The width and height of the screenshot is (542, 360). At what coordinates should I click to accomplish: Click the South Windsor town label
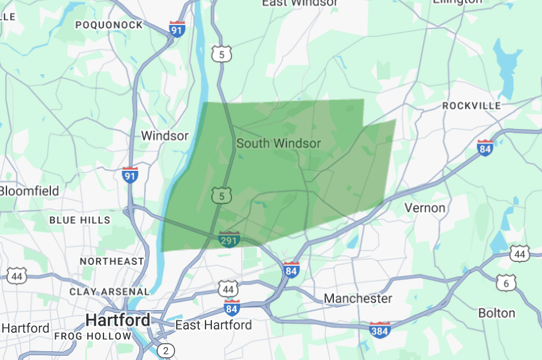click(x=279, y=144)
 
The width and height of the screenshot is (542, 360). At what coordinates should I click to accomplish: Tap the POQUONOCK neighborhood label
click(x=109, y=25)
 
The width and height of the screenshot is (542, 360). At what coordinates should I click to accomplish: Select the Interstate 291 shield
click(x=229, y=239)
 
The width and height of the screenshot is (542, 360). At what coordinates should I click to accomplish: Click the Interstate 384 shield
click(x=379, y=330)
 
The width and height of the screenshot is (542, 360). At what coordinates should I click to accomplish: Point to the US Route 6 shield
click(x=506, y=282)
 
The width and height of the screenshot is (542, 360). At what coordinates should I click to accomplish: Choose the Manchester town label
click(x=358, y=299)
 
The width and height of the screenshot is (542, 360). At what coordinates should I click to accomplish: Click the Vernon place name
click(x=425, y=208)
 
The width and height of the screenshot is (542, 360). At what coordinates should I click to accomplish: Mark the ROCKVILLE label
click(x=472, y=106)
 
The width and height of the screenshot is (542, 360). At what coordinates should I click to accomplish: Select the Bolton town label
click(x=496, y=313)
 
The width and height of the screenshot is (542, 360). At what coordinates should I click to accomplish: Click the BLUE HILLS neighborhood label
click(x=80, y=220)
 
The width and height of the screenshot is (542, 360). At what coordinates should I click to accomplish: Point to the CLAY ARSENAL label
click(x=109, y=292)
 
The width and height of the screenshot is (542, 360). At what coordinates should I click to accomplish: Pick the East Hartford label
click(x=214, y=325)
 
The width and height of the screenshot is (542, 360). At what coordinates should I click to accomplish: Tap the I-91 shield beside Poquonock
click(x=177, y=29)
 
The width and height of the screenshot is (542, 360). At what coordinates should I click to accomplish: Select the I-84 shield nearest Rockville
click(x=485, y=147)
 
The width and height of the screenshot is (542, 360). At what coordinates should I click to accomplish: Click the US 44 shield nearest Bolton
click(x=519, y=254)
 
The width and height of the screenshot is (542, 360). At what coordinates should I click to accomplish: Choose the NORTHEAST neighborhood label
click(x=112, y=261)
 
